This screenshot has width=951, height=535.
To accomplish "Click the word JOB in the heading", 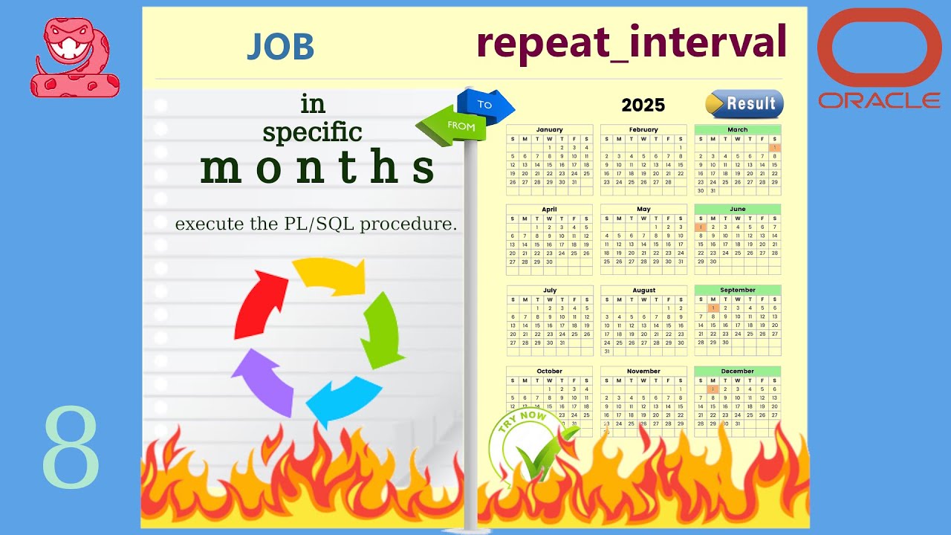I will click(281, 46).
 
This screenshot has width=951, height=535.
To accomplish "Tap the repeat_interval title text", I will click(632, 42).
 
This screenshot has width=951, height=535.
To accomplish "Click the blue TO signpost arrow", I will click(487, 105).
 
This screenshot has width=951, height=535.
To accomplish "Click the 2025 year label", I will click(643, 105).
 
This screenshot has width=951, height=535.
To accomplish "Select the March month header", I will click(737, 129).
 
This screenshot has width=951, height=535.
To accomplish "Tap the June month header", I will click(737, 209).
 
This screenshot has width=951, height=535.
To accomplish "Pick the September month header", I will click(737, 290).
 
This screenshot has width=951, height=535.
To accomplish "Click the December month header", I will click(737, 371).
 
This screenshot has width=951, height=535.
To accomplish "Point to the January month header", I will click(549, 129).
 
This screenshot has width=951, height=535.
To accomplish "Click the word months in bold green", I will click(317, 169).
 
